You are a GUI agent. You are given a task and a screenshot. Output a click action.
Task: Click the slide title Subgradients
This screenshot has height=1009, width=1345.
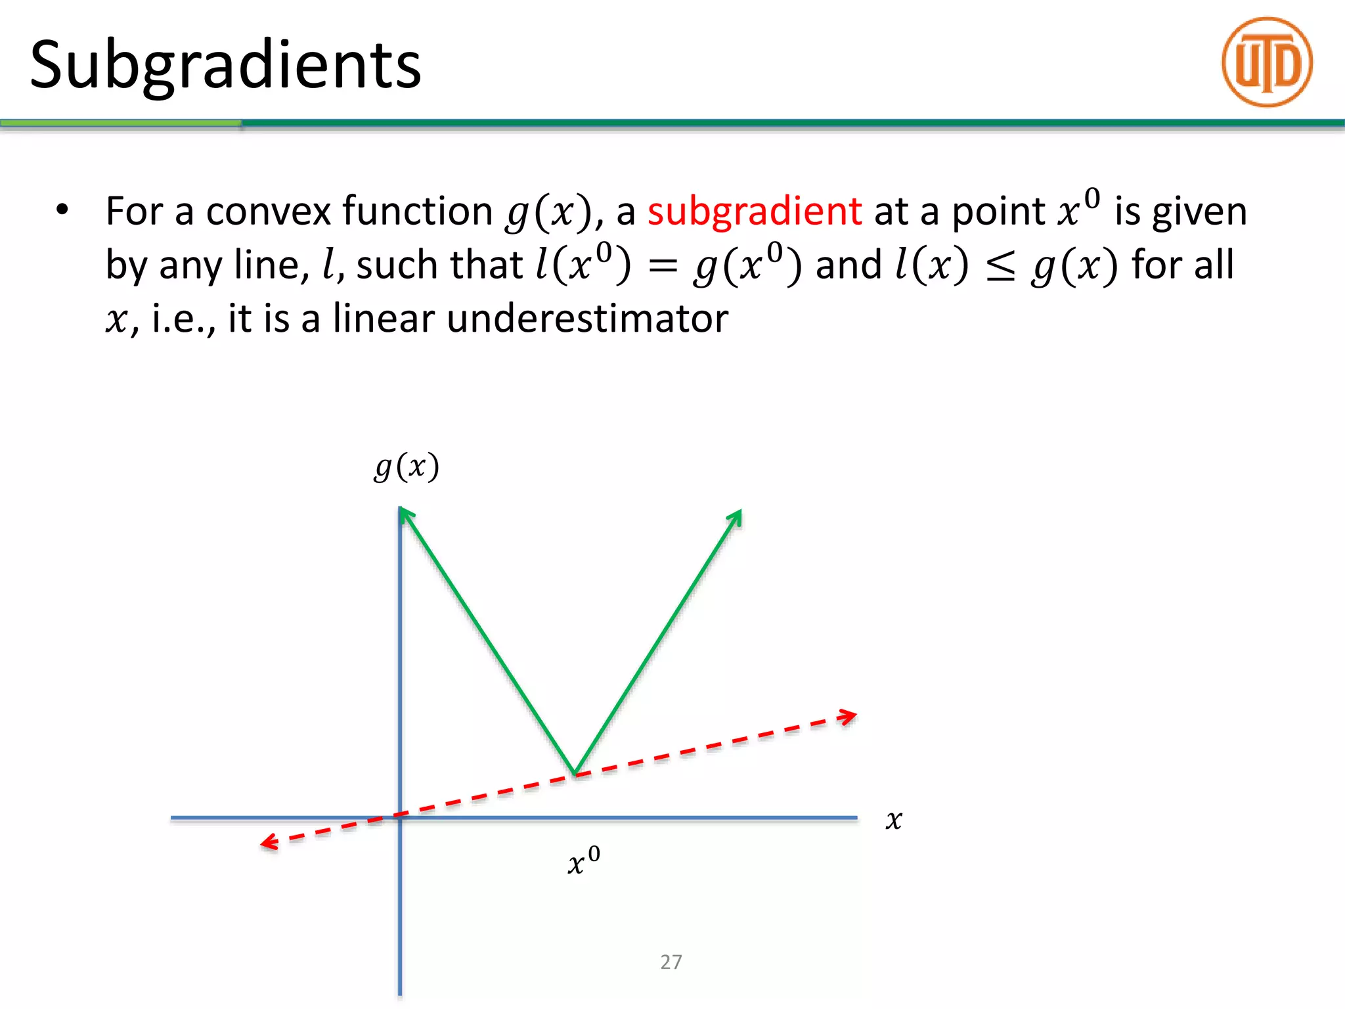[225, 65]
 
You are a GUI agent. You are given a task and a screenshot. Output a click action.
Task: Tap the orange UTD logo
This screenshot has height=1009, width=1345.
[1267, 62]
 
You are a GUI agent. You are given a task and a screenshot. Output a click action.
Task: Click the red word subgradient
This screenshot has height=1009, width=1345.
[754, 212]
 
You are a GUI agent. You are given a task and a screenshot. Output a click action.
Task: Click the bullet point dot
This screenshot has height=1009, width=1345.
[62, 210]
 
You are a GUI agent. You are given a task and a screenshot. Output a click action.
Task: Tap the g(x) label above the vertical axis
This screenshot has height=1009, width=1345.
[407, 467]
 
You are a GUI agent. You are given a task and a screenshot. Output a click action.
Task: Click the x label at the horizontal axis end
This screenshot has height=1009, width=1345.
[893, 820]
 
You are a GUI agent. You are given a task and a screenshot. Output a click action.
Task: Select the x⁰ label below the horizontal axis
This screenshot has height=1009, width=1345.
[583, 861]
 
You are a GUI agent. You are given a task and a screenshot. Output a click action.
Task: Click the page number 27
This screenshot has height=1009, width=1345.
[671, 962]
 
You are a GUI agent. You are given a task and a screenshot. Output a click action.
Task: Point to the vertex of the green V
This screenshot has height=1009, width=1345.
[575, 774]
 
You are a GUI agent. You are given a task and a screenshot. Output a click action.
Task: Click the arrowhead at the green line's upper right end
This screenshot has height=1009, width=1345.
[736, 517]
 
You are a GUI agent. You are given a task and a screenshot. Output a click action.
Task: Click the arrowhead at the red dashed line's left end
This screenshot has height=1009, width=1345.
[269, 843]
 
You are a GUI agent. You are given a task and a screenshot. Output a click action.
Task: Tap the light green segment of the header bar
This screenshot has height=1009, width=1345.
[121, 123]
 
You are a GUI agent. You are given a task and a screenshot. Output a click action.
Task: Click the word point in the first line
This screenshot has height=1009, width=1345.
[998, 212]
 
